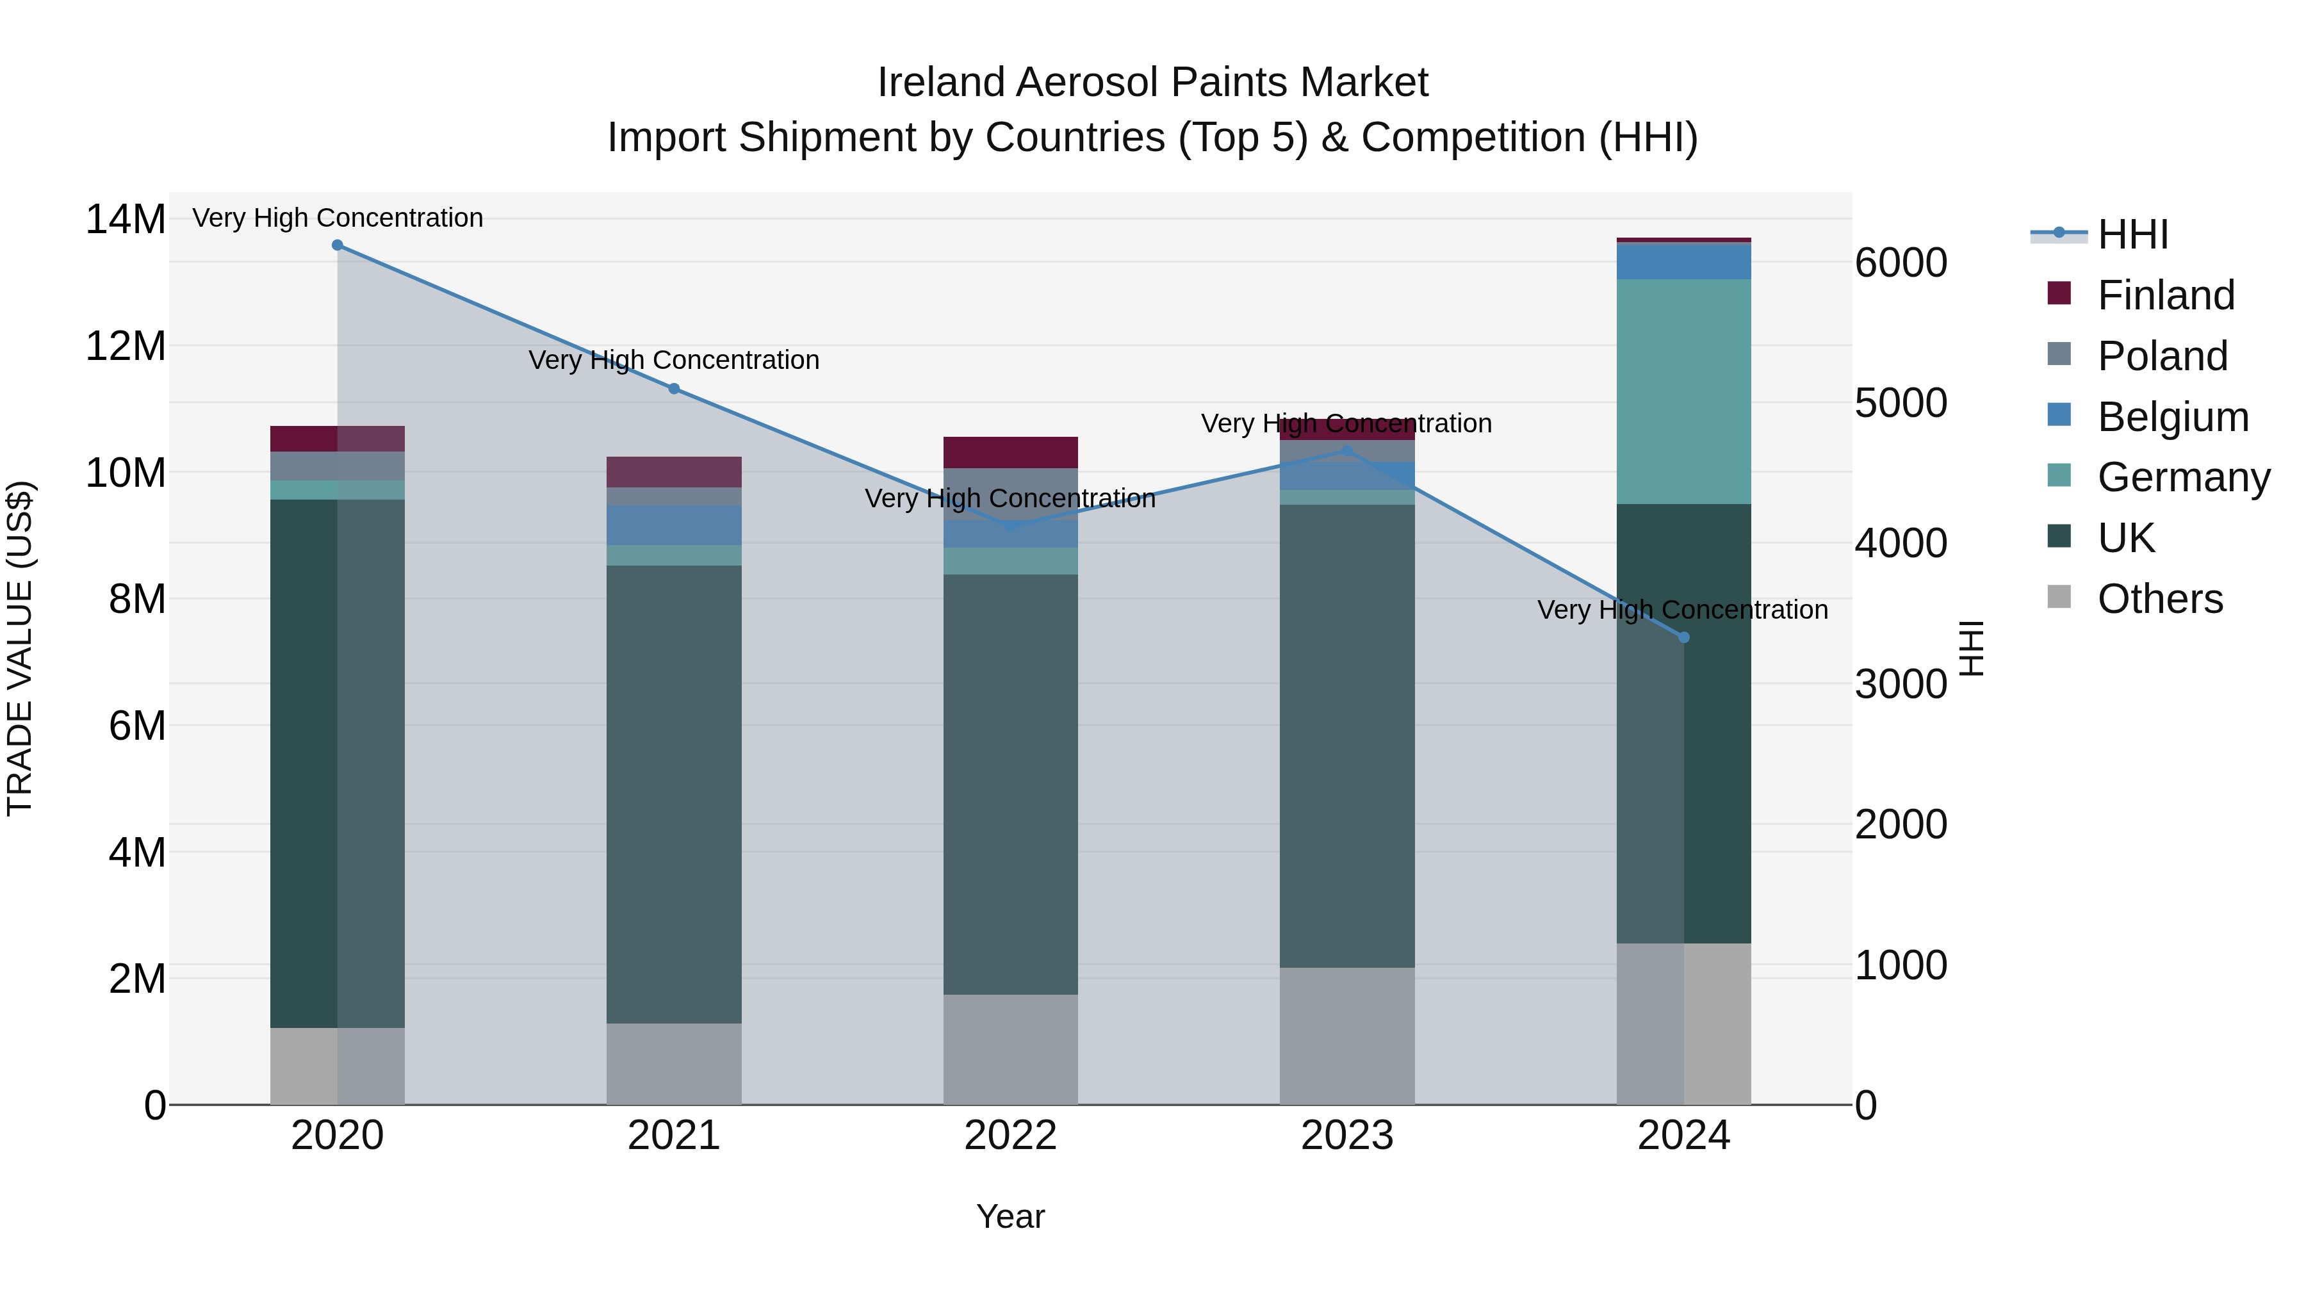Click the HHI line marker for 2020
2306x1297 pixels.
point(338,245)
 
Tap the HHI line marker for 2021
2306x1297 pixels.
point(674,389)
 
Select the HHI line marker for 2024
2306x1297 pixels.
point(1684,637)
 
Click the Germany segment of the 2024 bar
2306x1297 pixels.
point(1684,391)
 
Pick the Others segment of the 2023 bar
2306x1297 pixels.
point(1347,1036)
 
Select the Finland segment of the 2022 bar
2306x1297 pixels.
point(1011,452)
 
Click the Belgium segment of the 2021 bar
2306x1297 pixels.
point(674,525)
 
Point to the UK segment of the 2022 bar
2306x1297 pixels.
point(1011,783)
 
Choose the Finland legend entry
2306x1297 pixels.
point(2166,295)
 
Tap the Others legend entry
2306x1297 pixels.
point(2159,599)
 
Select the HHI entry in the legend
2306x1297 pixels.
point(2132,234)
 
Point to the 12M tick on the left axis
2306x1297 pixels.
point(126,345)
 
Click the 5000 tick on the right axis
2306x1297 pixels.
point(1901,403)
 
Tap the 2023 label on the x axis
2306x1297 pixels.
point(1347,1136)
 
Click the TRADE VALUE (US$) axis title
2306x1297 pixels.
point(20,648)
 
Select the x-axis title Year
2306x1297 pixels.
point(1011,1218)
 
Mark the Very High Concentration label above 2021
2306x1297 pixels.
point(674,360)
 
